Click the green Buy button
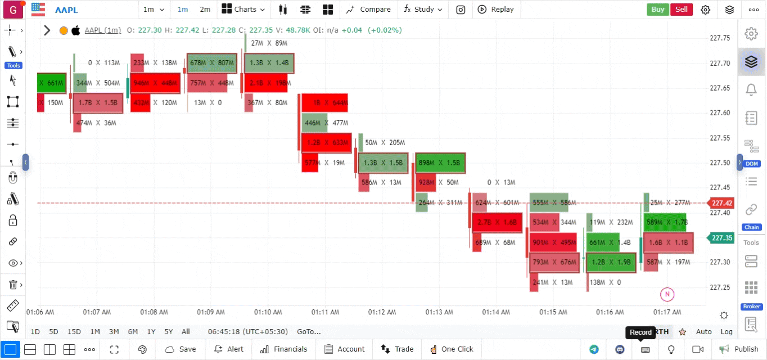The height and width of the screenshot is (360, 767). click(x=657, y=9)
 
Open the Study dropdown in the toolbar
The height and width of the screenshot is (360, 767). click(x=423, y=10)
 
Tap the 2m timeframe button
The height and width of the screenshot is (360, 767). click(x=205, y=10)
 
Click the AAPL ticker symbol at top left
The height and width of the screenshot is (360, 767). click(x=66, y=10)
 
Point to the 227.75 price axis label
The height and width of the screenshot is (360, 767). click(x=720, y=38)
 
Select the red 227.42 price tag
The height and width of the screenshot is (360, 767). click(x=721, y=203)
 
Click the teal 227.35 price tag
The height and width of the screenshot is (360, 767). click(x=721, y=238)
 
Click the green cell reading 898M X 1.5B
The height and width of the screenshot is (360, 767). click(x=440, y=163)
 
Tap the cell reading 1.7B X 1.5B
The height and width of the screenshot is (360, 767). click(x=98, y=103)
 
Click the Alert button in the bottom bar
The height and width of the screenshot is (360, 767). click(x=229, y=349)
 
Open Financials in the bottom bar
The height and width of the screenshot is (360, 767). click(x=284, y=349)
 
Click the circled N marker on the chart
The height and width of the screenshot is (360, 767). click(x=667, y=294)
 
